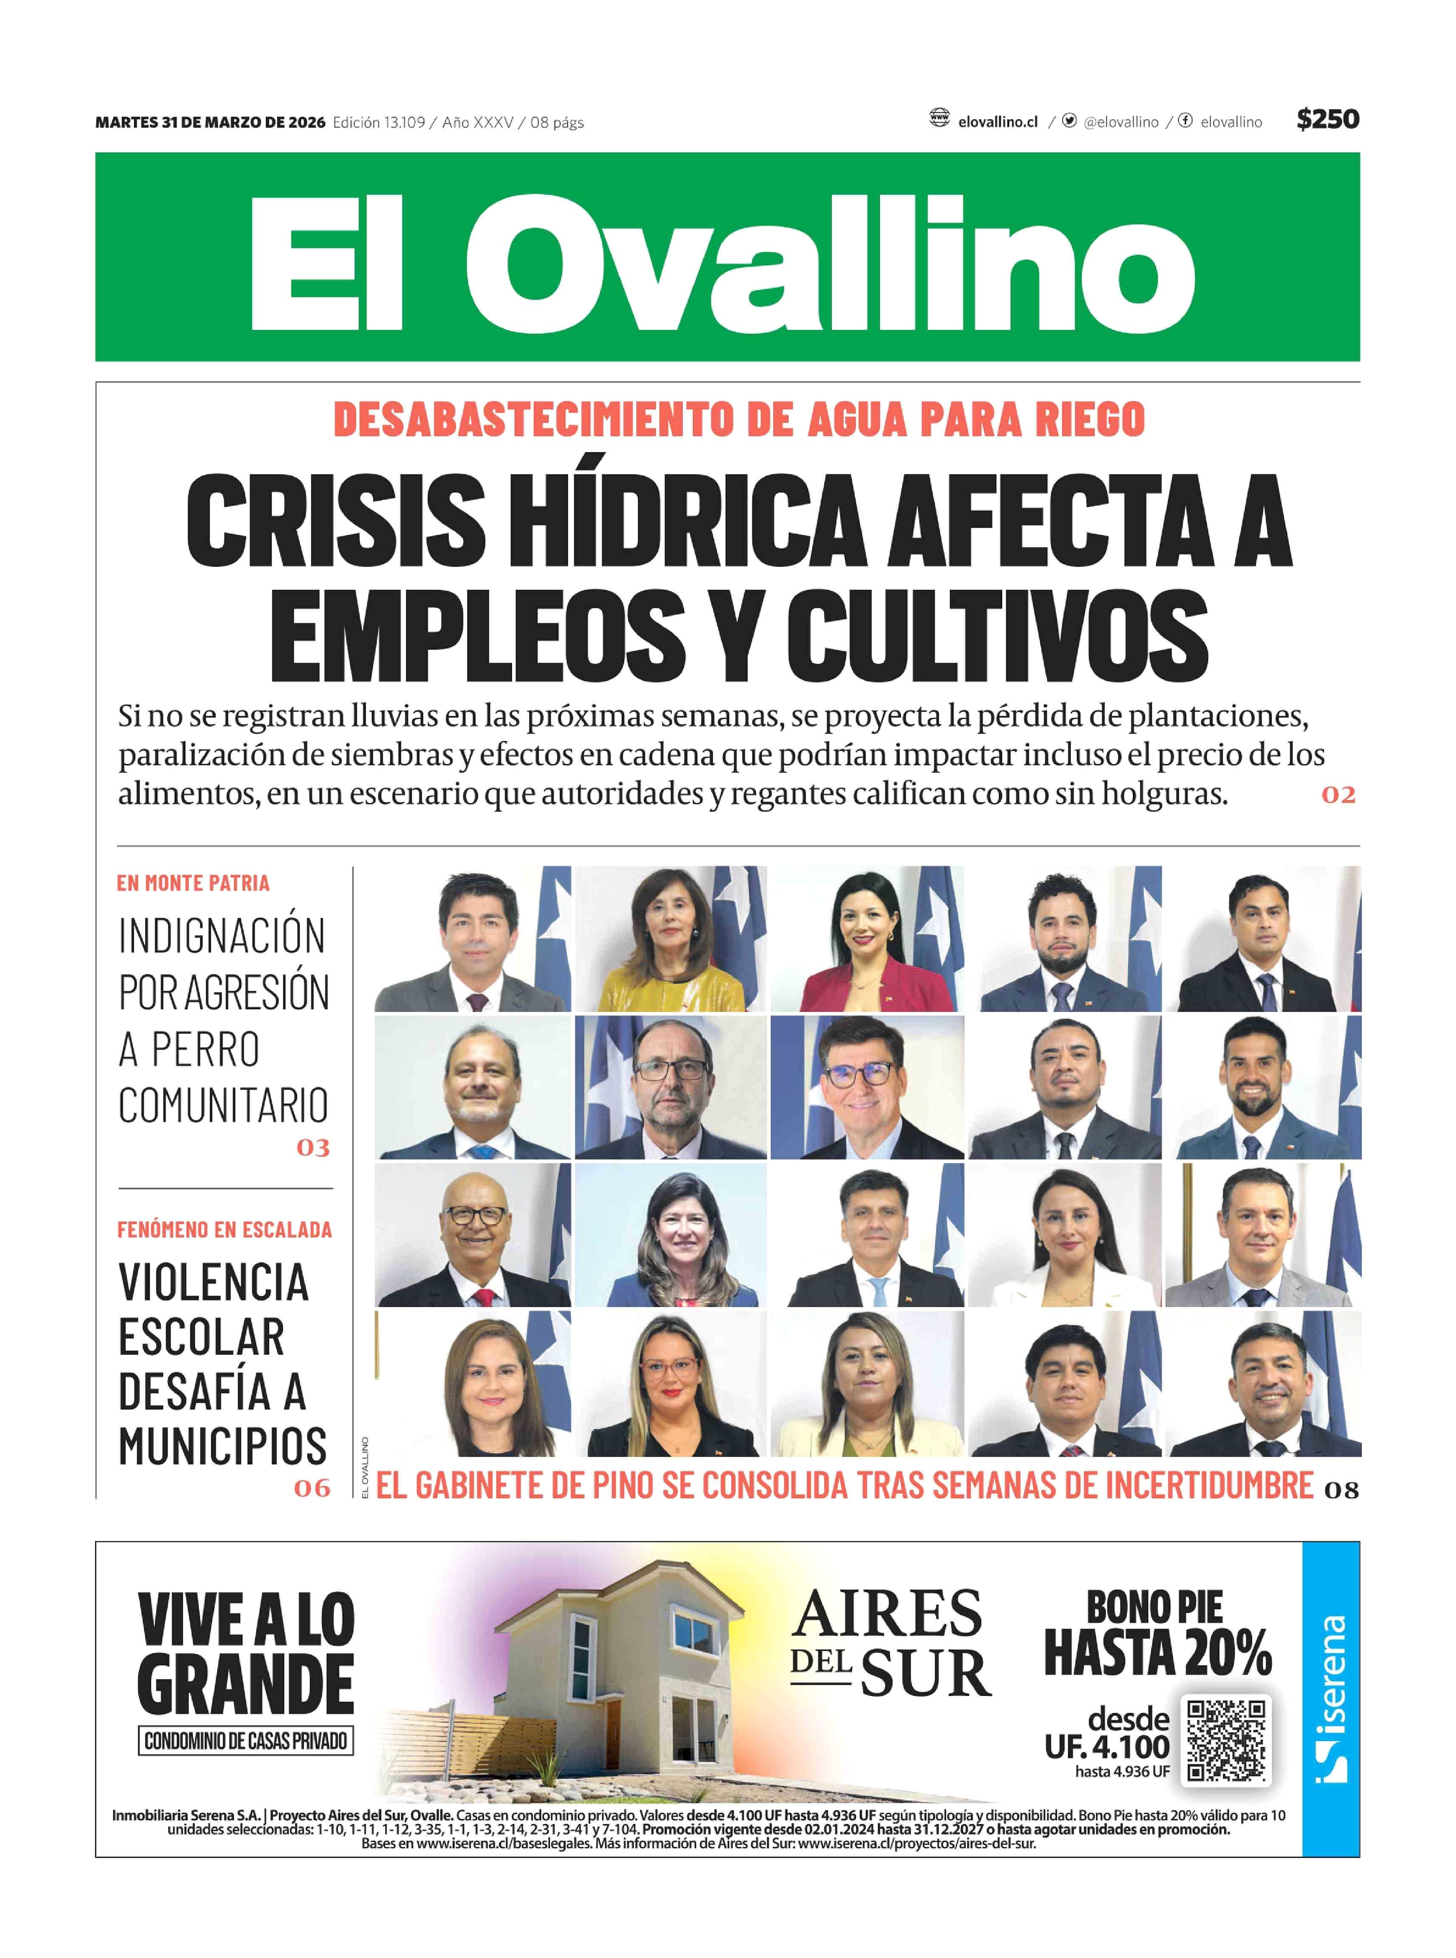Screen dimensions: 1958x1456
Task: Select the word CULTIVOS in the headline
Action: (997, 636)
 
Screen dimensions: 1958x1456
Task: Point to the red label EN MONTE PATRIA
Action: (193, 883)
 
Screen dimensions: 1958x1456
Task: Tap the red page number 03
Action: (313, 1147)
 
